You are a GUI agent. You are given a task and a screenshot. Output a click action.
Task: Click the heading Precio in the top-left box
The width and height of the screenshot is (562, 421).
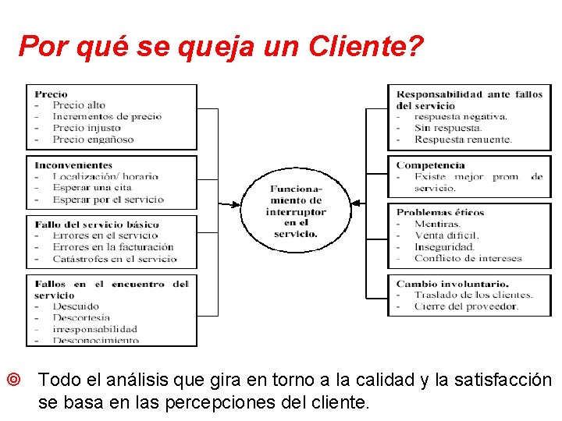[x=51, y=94]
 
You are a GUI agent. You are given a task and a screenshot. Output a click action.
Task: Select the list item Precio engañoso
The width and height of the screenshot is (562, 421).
[x=93, y=140]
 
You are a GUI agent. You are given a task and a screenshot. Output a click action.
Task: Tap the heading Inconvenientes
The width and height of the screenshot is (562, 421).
[x=73, y=165]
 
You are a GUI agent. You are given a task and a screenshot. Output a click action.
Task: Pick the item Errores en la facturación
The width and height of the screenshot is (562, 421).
[x=113, y=247]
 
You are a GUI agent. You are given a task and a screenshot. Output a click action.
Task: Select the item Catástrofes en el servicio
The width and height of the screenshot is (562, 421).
[x=115, y=259]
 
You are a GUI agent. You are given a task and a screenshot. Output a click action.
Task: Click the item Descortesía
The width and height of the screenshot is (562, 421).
[x=81, y=317]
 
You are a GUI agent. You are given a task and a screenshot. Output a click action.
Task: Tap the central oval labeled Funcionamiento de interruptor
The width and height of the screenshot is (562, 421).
[x=296, y=210]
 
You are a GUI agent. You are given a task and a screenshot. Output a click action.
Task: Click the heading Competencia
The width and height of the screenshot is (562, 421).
[x=430, y=165]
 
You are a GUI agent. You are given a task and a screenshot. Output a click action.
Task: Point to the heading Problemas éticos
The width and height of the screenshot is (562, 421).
[x=440, y=212]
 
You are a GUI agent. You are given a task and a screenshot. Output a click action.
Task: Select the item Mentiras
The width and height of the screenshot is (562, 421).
[x=438, y=224]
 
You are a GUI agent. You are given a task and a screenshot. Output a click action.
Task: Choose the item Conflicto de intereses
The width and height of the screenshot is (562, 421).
[x=468, y=258]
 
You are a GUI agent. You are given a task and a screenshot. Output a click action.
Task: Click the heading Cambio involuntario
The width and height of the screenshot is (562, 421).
[x=452, y=284]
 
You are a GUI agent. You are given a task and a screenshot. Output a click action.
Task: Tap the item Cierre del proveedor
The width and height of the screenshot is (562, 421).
[x=466, y=306]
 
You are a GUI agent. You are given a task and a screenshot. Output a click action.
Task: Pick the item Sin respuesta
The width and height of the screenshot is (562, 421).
[x=448, y=128]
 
